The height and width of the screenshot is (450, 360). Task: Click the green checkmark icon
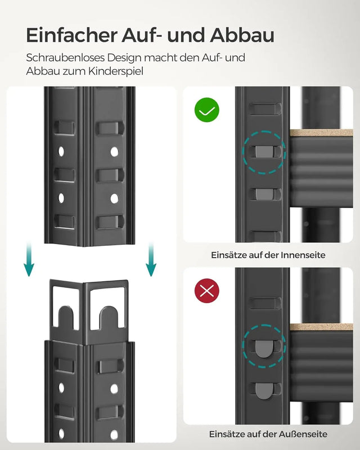pyautogui.click(x=207, y=110)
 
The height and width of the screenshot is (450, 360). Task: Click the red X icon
pyautogui.click(x=207, y=291)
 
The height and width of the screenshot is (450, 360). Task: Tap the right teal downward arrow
pyautogui.click(x=151, y=260)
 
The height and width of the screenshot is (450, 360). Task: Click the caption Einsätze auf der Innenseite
pyautogui.click(x=268, y=255)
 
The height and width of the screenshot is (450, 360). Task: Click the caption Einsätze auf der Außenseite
pyautogui.click(x=268, y=434)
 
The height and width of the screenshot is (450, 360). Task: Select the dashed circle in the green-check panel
pyautogui.click(x=264, y=151)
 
